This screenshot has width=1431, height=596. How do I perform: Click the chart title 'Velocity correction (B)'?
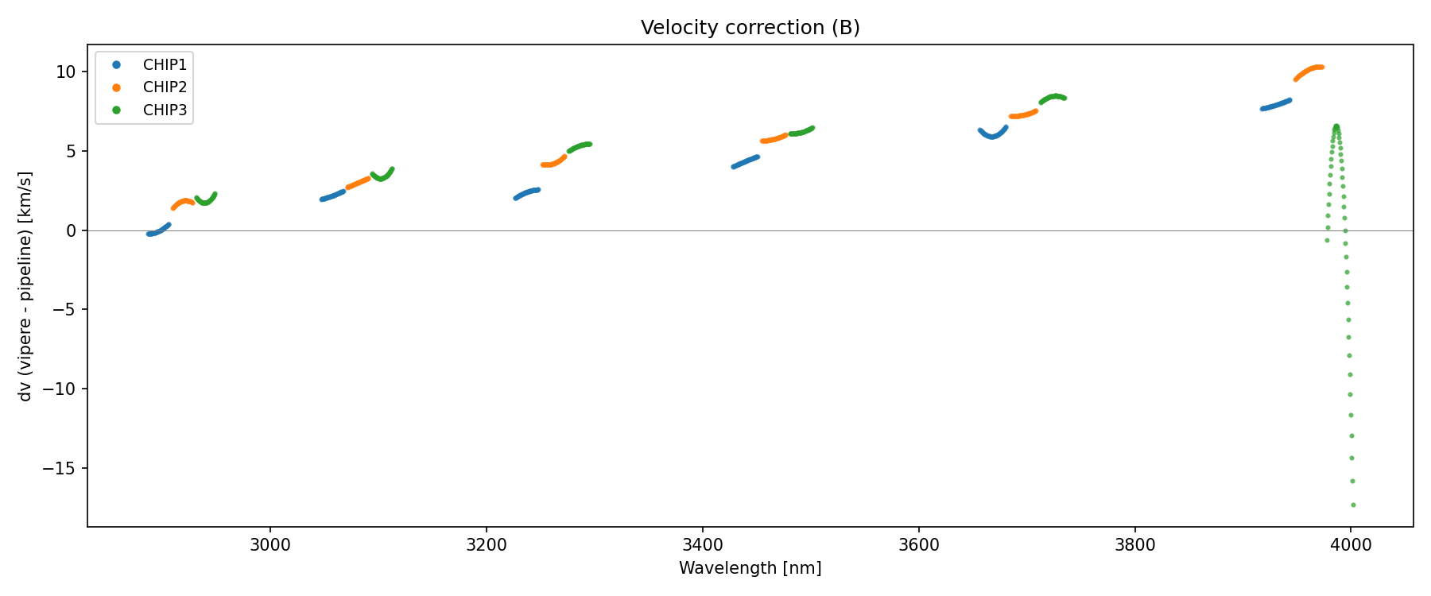click(x=750, y=28)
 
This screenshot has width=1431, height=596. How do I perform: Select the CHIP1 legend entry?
click(x=165, y=65)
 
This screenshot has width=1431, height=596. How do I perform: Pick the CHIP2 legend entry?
click(x=165, y=87)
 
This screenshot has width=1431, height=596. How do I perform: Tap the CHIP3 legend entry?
click(x=165, y=110)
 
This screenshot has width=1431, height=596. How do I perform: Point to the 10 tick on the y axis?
click(x=65, y=72)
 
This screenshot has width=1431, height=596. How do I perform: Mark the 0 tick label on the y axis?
click(x=71, y=230)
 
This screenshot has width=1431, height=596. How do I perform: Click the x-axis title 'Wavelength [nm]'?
click(x=750, y=568)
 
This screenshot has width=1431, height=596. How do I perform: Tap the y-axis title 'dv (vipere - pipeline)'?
click(x=25, y=286)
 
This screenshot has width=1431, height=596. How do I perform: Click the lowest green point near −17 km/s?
click(x=1353, y=505)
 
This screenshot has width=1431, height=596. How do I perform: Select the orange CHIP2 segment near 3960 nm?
click(x=1309, y=71)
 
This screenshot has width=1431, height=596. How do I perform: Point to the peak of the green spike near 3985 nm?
click(x=1336, y=126)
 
